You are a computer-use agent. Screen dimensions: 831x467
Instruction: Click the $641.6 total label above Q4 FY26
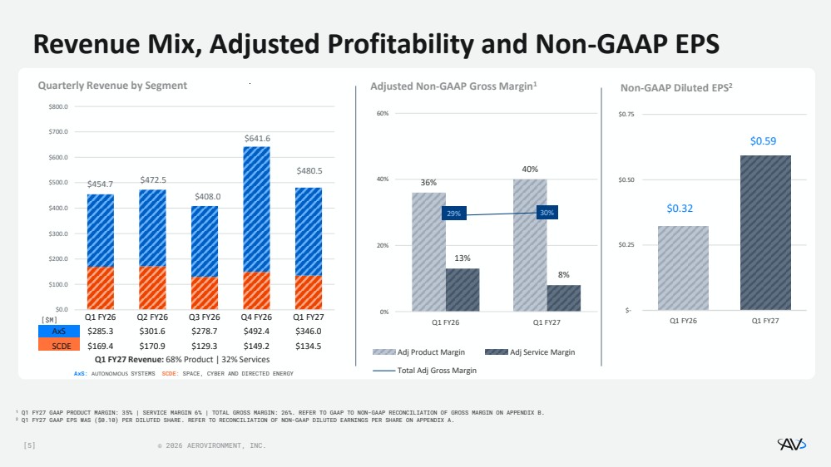257,138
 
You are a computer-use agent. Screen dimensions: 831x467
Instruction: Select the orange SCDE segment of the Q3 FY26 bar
205,292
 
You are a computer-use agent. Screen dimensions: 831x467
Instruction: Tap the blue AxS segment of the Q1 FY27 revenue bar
309,231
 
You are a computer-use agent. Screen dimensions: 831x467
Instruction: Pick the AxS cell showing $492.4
256,331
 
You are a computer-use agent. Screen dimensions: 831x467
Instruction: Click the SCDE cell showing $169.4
100,346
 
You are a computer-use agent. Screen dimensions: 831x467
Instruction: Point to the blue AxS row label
59,331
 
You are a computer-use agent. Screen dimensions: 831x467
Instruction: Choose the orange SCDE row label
59,345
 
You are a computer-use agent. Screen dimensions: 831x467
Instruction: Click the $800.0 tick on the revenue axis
58,106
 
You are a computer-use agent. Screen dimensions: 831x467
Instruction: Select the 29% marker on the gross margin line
453,214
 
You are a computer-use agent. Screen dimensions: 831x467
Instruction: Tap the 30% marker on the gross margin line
547,213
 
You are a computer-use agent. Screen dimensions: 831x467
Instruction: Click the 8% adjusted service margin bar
563,298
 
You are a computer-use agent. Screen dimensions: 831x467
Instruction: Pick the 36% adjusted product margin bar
428,252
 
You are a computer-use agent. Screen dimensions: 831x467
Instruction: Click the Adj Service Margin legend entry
530,352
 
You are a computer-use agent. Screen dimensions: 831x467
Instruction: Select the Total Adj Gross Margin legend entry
424,371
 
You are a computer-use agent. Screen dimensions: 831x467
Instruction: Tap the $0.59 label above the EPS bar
763,140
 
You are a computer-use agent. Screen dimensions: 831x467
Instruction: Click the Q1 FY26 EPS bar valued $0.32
683,268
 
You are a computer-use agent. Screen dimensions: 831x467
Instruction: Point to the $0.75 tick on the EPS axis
626,115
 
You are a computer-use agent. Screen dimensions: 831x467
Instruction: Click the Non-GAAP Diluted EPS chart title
676,87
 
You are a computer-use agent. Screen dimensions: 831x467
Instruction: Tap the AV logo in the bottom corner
792,444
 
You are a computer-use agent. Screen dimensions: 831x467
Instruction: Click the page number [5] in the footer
30,446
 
